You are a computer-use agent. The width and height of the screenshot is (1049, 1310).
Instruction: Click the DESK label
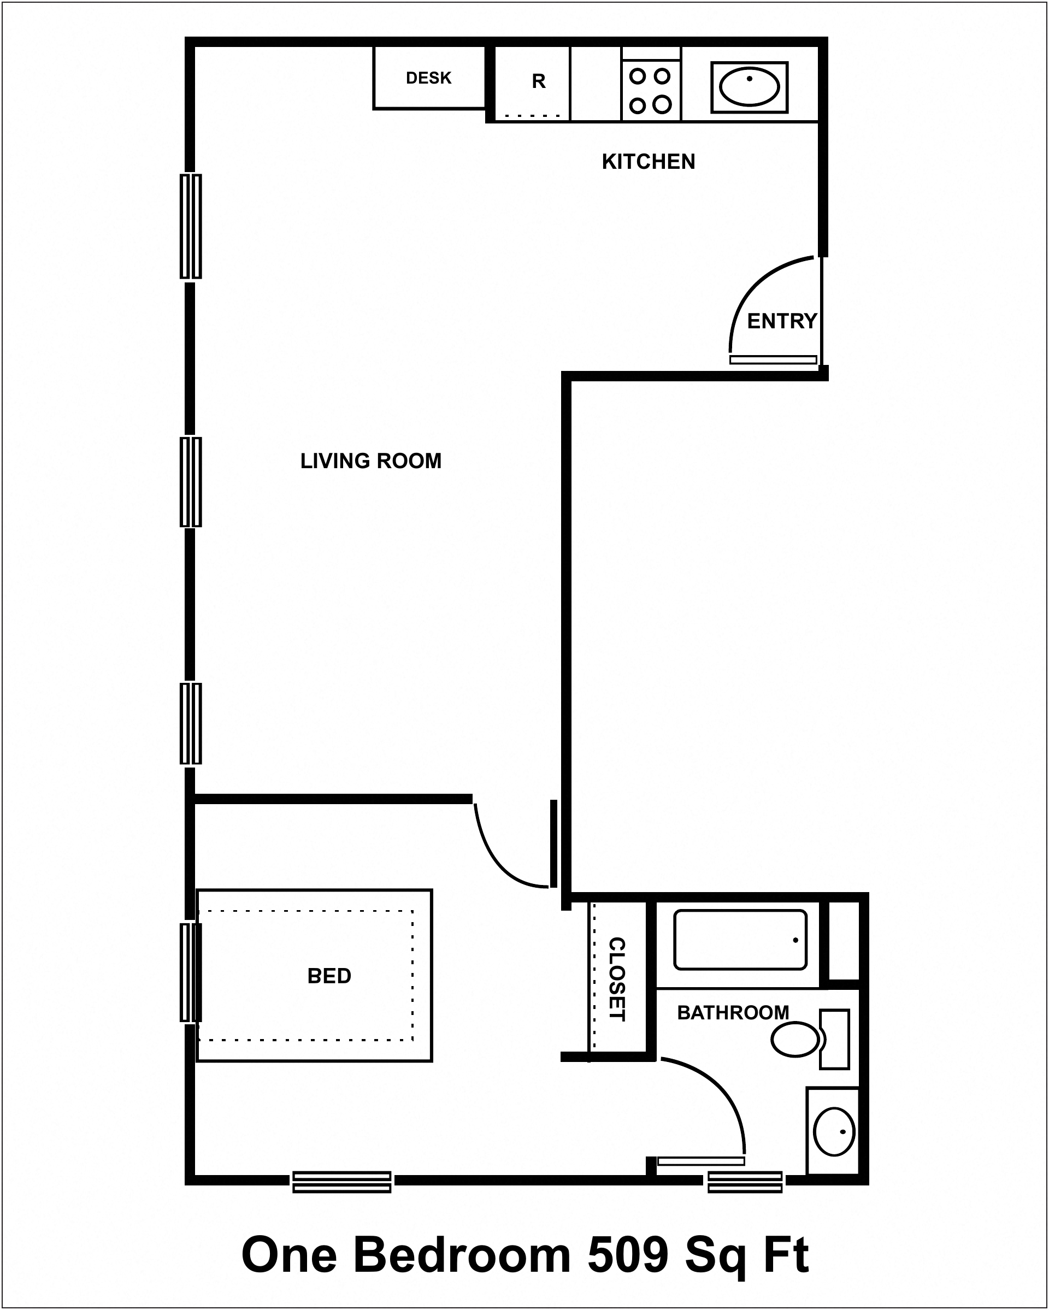click(428, 78)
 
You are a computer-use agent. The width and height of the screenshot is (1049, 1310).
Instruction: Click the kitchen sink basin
click(750, 87)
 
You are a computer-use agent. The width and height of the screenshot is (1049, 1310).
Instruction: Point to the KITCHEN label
click(649, 162)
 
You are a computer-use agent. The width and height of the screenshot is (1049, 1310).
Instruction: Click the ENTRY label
click(782, 321)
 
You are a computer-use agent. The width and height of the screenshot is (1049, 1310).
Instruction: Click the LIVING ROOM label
click(371, 461)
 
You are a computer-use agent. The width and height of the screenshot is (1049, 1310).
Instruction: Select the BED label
click(329, 976)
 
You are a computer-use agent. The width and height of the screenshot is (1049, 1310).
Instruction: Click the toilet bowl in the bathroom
click(795, 1040)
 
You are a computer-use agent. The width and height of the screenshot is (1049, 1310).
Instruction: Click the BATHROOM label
click(733, 1013)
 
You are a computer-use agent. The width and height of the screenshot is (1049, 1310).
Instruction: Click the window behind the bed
click(190, 972)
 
